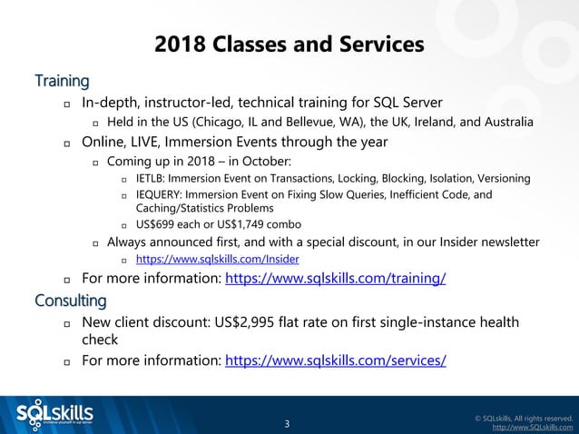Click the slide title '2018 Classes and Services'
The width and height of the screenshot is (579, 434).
pos(289,44)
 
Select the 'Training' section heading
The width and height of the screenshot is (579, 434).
pos(62,81)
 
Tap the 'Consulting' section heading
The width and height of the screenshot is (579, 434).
pos(70,300)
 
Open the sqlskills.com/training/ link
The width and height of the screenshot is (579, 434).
pos(335,278)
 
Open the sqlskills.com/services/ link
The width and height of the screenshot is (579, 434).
pos(335,360)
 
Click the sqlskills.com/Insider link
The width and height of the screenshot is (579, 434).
pos(217,259)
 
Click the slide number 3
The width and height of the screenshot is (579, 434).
pos(287,423)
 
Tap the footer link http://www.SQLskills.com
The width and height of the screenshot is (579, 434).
pos(532,427)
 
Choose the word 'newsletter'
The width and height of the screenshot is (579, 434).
pos(505,242)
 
